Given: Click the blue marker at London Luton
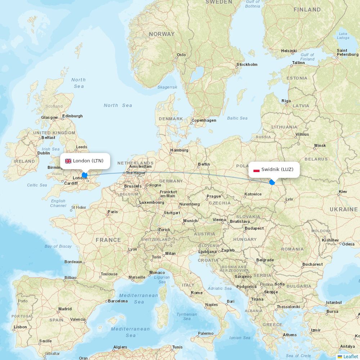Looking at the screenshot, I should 85,175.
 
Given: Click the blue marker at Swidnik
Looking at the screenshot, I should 272,182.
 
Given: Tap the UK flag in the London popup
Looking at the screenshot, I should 68,161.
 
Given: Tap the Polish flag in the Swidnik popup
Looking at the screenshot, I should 256,170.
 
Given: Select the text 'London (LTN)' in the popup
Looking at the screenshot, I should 88,161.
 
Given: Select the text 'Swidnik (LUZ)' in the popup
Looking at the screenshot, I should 277,170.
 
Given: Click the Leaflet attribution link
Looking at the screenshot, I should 350,356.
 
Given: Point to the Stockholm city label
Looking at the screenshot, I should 247,65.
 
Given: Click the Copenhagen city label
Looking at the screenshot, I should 204,121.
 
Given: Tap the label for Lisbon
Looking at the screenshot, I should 20,327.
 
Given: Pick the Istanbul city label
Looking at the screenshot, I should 334,302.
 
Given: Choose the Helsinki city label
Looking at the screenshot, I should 289,51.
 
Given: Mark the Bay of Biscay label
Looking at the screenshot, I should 58,246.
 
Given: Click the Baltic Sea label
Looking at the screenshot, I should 237,118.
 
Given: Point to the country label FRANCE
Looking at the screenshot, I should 108,240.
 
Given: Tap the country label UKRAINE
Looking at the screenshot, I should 344,209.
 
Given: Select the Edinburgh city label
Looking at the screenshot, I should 72,116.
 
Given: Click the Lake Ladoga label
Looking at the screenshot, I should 343,36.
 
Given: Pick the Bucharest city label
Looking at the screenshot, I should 312,264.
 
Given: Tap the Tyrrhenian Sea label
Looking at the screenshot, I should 187,316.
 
